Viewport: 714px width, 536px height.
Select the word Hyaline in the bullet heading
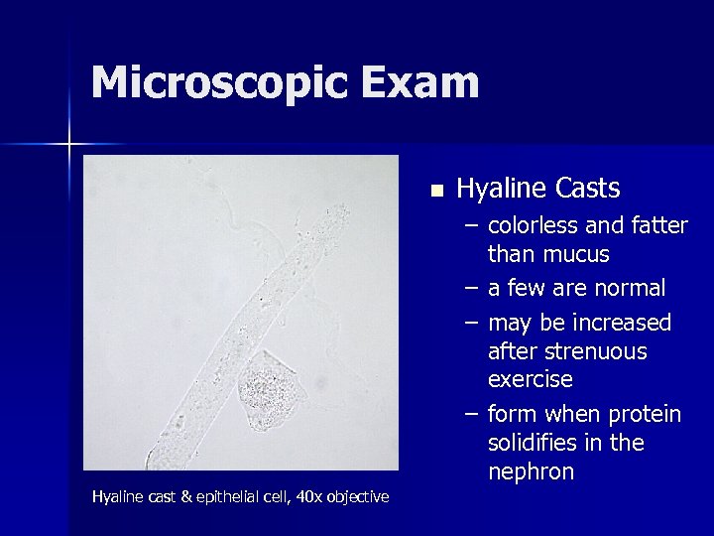pos(501,189)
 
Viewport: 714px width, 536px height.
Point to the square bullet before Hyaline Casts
pos(435,189)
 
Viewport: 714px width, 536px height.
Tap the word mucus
pos(577,254)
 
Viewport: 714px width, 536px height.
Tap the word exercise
pos(531,379)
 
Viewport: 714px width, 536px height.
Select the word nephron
pos(531,471)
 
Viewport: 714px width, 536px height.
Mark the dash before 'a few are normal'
pos(473,289)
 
